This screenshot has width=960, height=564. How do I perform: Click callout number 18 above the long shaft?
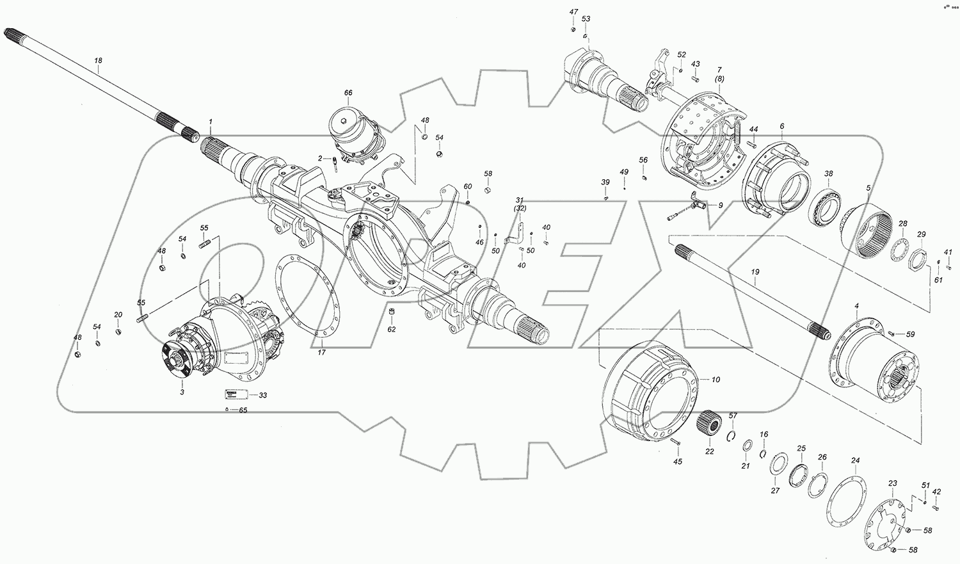pos(98,61)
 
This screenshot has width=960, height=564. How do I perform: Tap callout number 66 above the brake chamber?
pos(348,93)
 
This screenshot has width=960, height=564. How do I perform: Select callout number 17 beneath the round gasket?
pos(322,352)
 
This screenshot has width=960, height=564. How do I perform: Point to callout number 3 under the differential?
pos(182,391)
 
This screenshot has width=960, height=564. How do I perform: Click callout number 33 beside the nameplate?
pos(262,396)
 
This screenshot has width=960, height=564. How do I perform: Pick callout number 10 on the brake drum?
pos(716,380)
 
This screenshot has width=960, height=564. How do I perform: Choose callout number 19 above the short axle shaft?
pos(755,272)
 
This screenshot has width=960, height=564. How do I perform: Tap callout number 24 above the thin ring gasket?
pos(855,461)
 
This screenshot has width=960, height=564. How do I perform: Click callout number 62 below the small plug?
pos(392,330)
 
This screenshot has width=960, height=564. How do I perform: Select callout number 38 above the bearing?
pos(828,173)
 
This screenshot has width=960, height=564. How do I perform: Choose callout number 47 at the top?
pos(573,12)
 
